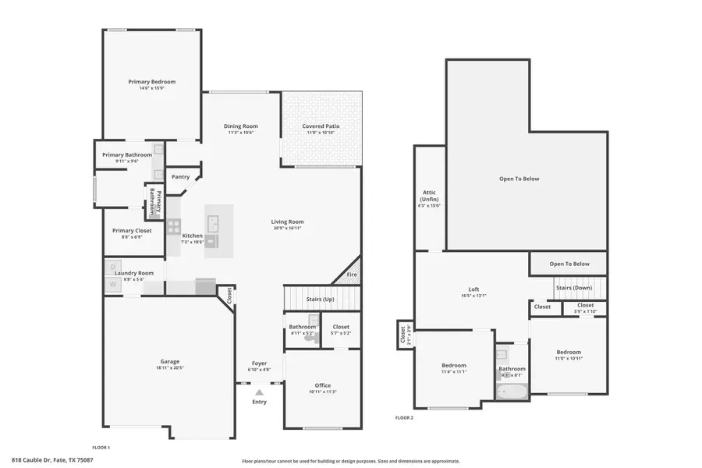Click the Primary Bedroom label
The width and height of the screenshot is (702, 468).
[x=152, y=81]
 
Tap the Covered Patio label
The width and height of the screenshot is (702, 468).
[x=321, y=126]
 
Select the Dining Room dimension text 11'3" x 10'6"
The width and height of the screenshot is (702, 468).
[x=242, y=133]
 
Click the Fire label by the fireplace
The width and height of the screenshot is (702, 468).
[x=351, y=275]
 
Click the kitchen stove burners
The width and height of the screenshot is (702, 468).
[x=173, y=227]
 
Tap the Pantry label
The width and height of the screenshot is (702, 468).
[x=180, y=177]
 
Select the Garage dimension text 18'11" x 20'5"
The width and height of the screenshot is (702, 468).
[x=169, y=367]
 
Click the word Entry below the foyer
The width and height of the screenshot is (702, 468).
[x=259, y=402]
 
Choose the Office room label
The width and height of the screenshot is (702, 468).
[x=323, y=385]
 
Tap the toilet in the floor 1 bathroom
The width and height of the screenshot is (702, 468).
[x=310, y=337]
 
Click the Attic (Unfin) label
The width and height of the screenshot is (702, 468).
[x=429, y=196]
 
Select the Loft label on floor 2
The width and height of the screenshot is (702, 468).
[x=473, y=289]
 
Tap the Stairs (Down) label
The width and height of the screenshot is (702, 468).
[x=573, y=287]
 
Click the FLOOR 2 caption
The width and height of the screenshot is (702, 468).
[x=404, y=418]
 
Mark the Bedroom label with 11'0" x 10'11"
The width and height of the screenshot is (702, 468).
[x=569, y=352]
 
